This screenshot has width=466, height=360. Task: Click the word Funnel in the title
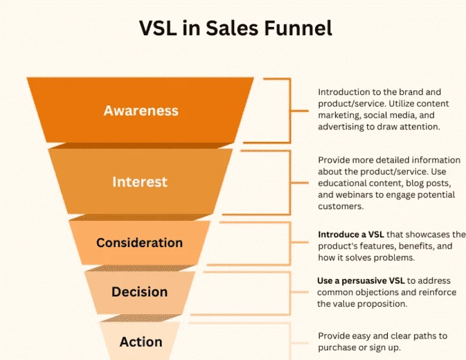(x=298, y=28)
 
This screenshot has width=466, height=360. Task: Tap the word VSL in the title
(x=157, y=28)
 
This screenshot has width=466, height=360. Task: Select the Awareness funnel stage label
(x=141, y=111)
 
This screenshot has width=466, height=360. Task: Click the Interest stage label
(x=140, y=182)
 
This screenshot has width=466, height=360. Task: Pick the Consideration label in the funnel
(x=139, y=243)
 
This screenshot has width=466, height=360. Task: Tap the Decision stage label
(x=140, y=291)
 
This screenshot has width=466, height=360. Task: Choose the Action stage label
(x=141, y=342)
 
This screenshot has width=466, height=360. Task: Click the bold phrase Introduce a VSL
(x=351, y=235)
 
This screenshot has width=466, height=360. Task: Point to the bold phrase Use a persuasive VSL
(x=361, y=280)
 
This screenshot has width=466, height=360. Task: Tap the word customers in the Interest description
(x=341, y=206)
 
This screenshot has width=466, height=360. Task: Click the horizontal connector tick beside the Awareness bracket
(x=300, y=111)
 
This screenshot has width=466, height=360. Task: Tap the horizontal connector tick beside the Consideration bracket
(x=300, y=242)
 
